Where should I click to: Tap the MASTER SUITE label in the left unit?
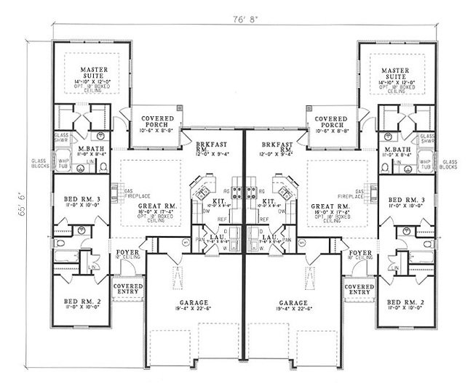click(x=94, y=73)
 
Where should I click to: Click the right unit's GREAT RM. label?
click(x=329, y=206)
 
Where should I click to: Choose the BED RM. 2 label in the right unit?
click(x=403, y=300)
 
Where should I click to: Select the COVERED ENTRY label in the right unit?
click(x=359, y=289)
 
